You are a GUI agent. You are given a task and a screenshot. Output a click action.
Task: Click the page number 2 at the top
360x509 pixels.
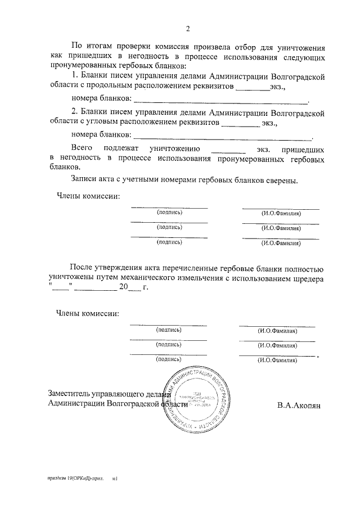point(188,29)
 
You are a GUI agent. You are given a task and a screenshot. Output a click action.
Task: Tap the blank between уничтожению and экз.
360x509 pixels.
point(228,150)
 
